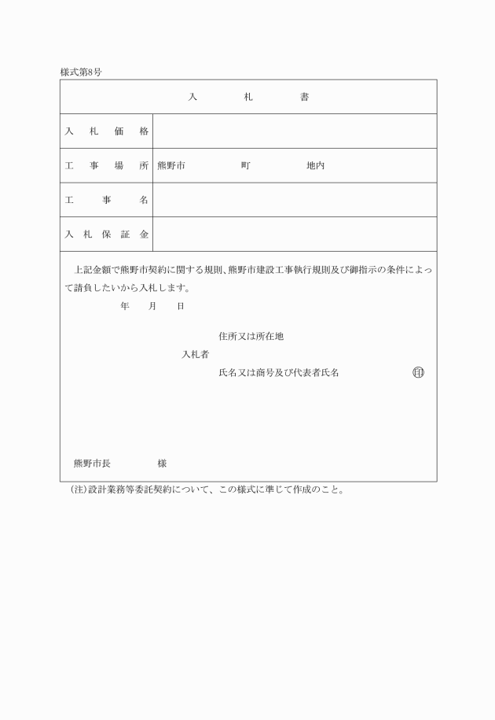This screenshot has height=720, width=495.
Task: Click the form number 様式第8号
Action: pos(81,72)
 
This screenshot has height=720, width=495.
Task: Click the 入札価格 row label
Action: pos(106,131)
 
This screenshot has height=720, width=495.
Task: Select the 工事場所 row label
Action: pos(106,166)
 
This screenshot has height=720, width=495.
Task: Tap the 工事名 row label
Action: pos(106,201)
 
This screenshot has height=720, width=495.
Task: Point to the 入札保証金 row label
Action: pos(106,234)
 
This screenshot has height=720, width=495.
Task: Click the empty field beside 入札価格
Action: pos(295,131)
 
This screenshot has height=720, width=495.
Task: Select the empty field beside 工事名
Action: pos(295,201)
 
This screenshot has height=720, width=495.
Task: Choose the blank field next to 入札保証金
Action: pos(295,234)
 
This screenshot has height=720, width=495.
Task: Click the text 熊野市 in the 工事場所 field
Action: pos(171,166)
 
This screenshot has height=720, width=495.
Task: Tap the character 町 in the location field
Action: pos(246,166)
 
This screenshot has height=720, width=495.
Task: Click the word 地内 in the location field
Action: pos(315,166)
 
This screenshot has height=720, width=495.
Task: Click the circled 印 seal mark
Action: pos(418,372)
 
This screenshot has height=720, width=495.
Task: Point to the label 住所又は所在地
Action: pos(251,336)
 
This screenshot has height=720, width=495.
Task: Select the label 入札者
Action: pos(195,354)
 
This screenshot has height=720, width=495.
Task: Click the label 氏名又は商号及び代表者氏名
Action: pos(279,372)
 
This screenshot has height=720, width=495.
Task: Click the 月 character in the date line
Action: pos(152,305)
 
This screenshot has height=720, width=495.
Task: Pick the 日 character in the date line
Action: pos(181,305)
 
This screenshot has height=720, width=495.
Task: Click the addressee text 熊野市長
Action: pos(92,463)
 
